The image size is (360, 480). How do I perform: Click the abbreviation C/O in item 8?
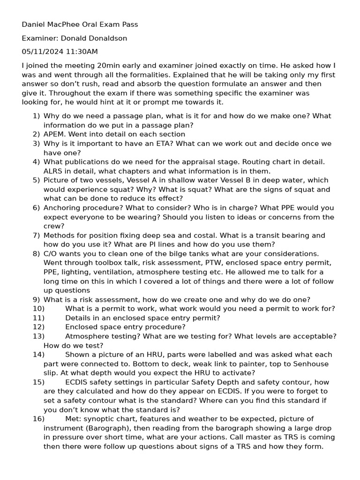[x=51, y=254]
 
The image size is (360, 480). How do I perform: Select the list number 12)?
[x=38, y=327]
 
